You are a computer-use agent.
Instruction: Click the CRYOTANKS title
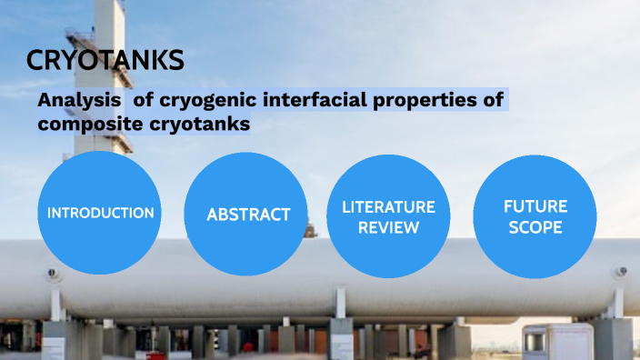click(x=105, y=60)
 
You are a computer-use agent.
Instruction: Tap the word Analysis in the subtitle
click(x=79, y=101)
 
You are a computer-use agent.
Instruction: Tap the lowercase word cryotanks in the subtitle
click(x=202, y=125)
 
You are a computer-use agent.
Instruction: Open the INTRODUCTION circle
click(x=100, y=213)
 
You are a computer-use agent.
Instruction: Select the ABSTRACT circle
click(x=248, y=215)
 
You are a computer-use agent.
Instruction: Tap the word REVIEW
click(x=388, y=227)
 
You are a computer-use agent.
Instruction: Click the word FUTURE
click(x=535, y=206)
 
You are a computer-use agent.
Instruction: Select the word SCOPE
click(x=535, y=227)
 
